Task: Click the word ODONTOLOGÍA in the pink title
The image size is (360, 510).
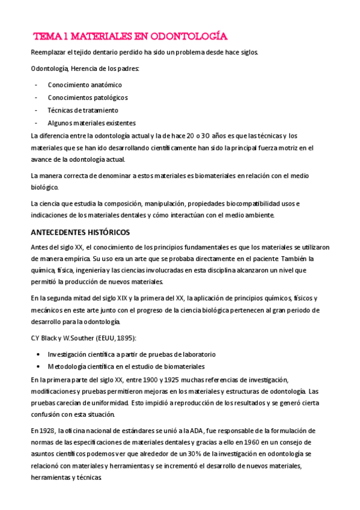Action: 189,37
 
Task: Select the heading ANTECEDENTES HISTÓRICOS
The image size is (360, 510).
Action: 80,232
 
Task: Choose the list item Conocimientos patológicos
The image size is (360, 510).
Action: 88,97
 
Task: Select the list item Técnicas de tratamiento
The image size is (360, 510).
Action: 83,110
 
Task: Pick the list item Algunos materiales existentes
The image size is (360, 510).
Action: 92,123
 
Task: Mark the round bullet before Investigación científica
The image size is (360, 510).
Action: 38,354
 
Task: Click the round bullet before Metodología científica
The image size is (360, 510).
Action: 38,367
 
